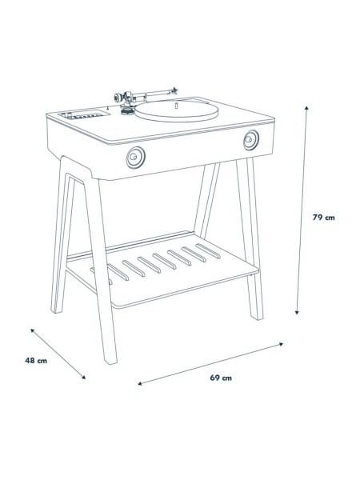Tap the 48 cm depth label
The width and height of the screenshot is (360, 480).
pyautogui.click(x=37, y=360)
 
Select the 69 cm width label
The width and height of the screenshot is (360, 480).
pyautogui.click(x=222, y=378)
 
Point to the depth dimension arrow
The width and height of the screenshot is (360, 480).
pyautogui.click(x=59, y=353)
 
